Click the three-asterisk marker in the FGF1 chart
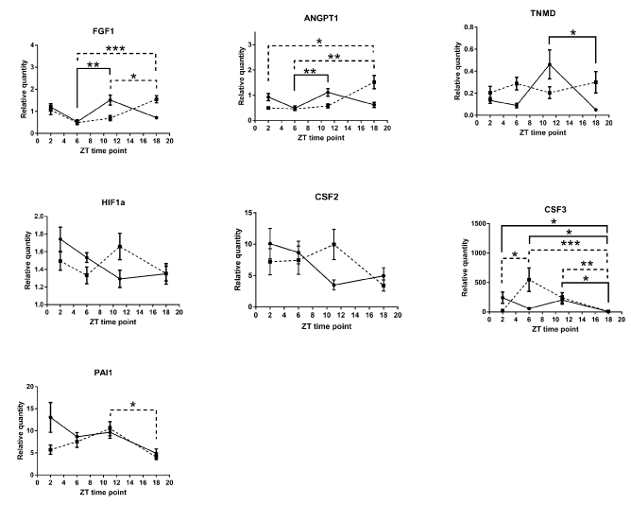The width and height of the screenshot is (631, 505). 115,47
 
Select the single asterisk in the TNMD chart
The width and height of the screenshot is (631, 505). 573,34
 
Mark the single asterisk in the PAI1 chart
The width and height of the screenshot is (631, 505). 132,406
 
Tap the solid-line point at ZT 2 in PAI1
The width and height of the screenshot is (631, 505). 48,417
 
